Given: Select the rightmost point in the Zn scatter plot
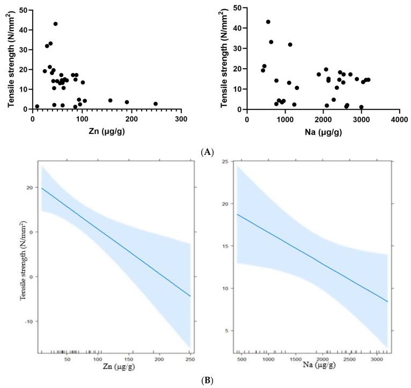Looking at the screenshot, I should [x=156, y=104].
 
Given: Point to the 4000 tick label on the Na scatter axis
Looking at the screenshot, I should [x=399, y=118].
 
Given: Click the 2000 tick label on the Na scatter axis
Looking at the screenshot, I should [x=322, y=118].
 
